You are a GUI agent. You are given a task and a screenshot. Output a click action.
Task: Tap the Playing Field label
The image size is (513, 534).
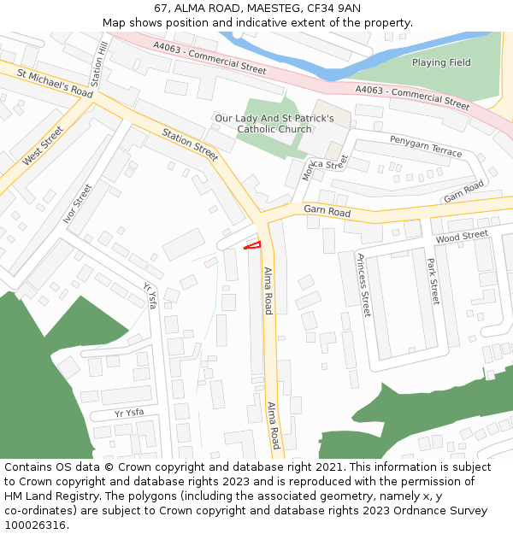(x=441, y=62)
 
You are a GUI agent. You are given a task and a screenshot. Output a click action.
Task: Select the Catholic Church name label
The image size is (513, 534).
(x=274, y=124)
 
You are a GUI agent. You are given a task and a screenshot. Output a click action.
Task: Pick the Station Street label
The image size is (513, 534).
(x=190, y=144)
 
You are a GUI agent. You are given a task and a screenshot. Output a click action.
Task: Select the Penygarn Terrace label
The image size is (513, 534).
(x=426, y=145)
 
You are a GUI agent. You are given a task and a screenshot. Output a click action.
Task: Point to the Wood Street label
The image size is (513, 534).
(x=461, y=236)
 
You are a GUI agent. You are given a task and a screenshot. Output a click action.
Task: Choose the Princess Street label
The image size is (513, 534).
(x=364, y=285)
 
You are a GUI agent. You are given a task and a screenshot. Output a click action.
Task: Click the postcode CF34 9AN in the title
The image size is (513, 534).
(x=331, y=9)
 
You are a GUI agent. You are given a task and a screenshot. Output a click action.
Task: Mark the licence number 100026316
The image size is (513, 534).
(x=35, y=525)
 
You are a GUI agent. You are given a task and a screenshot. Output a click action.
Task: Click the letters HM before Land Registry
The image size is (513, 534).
(x=15, y=496)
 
